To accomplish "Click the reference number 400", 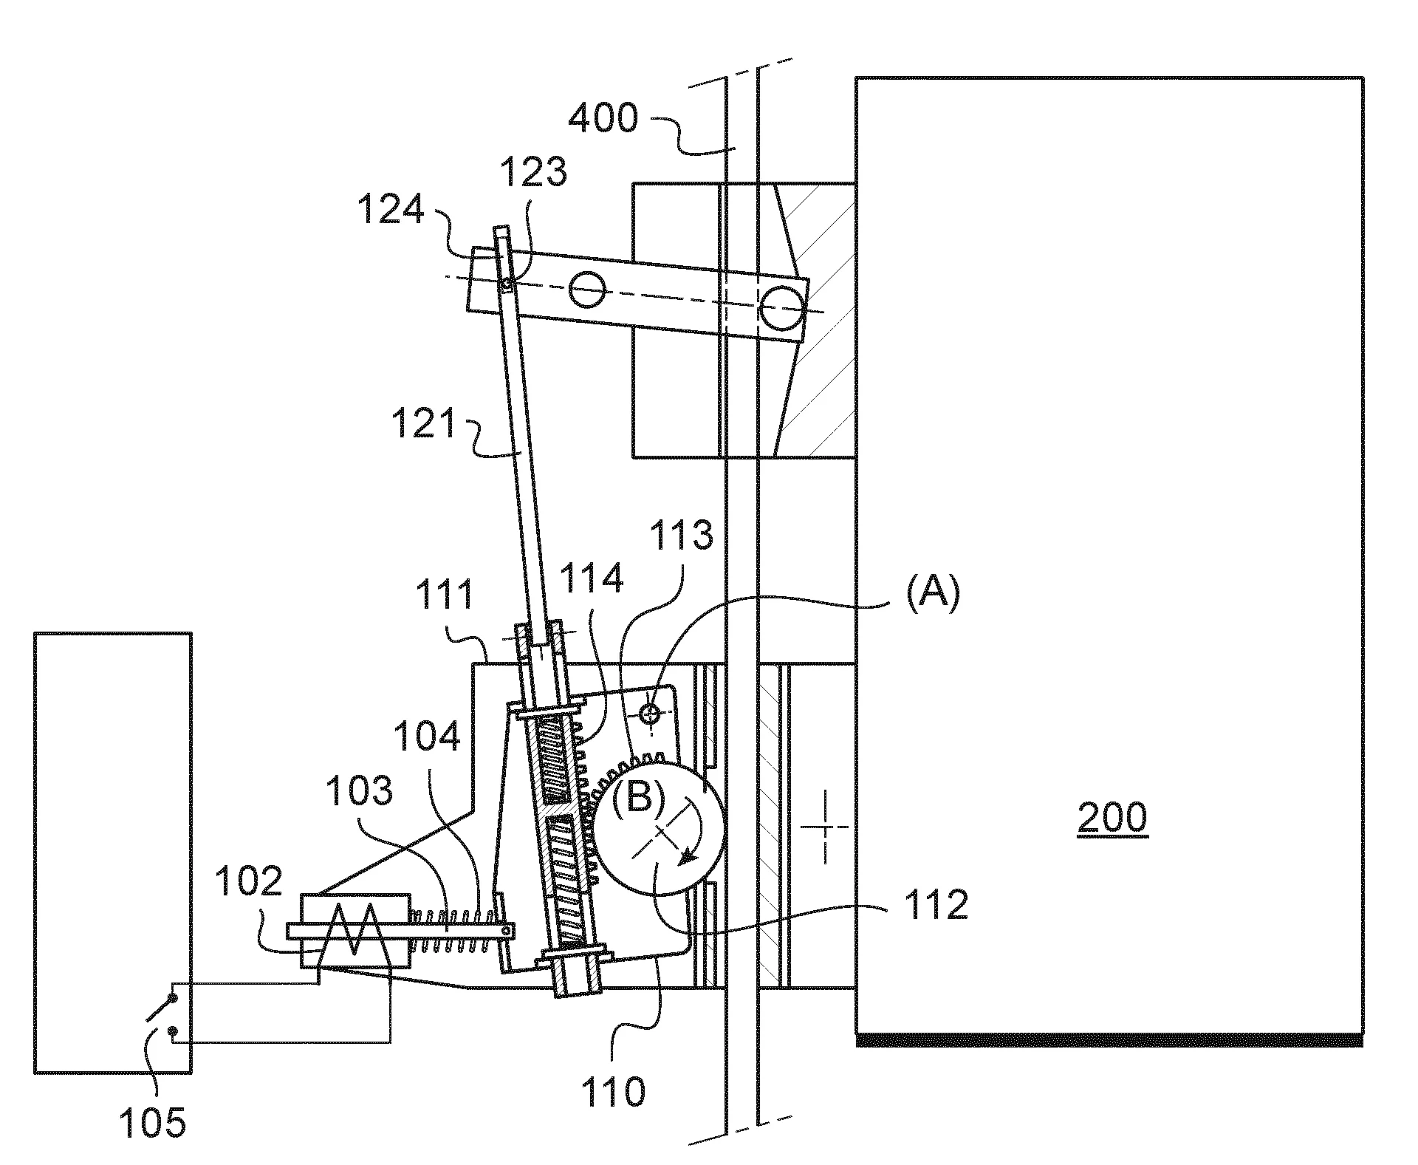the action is pyautogui.click(x=602, y=118).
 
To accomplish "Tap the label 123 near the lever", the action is pyautogui.click(x=533, y=172).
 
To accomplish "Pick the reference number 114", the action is pyautogui.click(x=591, y=577).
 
